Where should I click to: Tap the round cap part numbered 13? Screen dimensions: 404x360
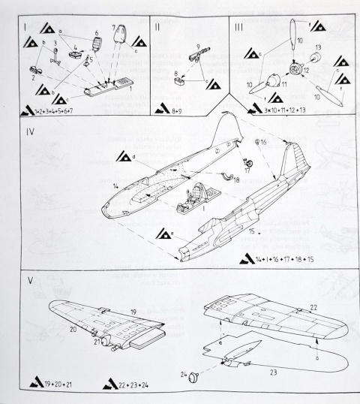(315, 59)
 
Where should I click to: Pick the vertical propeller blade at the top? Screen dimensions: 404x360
(292, 35)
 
